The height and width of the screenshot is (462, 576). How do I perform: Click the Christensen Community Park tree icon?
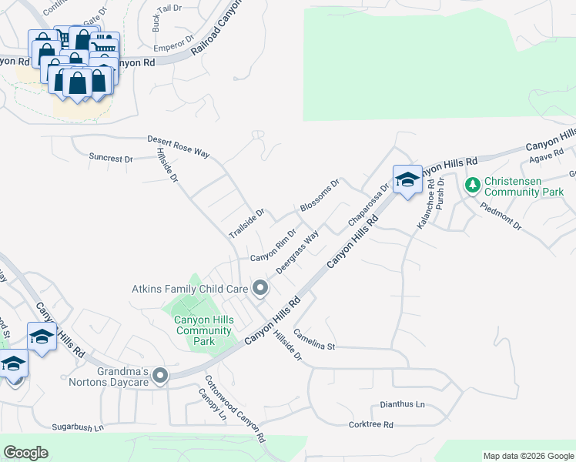pyautogui.click(x=472, y=185)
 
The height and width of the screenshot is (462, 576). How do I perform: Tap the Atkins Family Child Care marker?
pyautogui.click(x=260, y=289)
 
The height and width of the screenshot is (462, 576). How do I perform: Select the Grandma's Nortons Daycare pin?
pyautogui.click(x=160, y=376)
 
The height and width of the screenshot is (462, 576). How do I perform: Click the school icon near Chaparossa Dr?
pyautogui.click(x=407, y=179)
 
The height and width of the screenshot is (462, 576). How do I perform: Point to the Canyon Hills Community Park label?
pyautogui.click(x=203, y=330)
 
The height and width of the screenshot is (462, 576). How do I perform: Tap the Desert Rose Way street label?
pyautogui.click(x=179, y=147)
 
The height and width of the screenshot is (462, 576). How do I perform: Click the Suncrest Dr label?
pyautogui.click(x=111, y=158)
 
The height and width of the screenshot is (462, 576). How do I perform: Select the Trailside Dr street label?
pyautogui.click(x=246, y=223)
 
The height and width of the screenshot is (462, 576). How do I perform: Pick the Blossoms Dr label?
pyautogui.click(x=320, y=196)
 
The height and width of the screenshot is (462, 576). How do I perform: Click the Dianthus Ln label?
pyautogui.click(x=402, y=404)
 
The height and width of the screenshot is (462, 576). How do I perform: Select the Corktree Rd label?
pyautogui.click(x=370, y=424)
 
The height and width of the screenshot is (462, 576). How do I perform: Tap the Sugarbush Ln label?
pyautogui.click(x=77, y=426)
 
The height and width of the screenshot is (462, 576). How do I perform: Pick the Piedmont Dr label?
pyautogui.click(x=501, y=215)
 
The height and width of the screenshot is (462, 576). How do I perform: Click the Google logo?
pyautogui.click(x=25, y=453)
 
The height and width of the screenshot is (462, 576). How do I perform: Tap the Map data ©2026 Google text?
pyautogui.click(x=527, y=456)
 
